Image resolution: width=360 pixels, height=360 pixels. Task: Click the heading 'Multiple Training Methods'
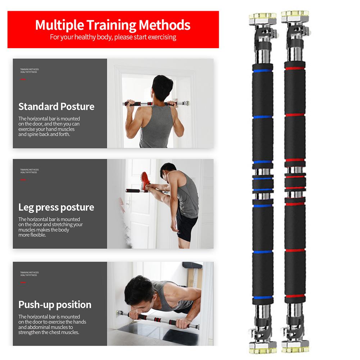[x=113, y=25]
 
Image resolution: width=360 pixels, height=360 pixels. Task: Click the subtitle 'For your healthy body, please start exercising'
[x=113, y=37]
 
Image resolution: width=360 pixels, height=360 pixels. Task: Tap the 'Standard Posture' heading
[x=56, y=106]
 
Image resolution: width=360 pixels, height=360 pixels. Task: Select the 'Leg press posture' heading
[x=56, y=207]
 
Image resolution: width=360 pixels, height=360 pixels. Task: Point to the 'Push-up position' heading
[x=55, y=305]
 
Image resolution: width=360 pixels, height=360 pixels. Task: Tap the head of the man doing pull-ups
[x=162, y=87]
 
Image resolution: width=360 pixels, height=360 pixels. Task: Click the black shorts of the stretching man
[x=186, y=224]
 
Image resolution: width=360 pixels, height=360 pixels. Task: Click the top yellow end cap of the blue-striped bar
[x=263, y=17]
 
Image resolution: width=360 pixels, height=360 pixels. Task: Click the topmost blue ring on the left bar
[x=263, y=71]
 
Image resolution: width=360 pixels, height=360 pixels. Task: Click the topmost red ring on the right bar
[x=295, y=68]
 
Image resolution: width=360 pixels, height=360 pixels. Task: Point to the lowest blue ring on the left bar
[x=263, y=297]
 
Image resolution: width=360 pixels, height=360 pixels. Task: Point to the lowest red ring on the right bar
[x=295, y=296]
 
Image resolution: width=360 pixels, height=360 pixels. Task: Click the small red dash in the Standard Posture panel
[x=23, y=79]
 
